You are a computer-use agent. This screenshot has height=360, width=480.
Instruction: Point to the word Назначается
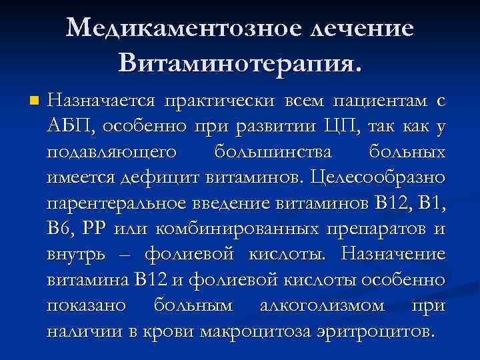pyautogui.click(x=101, y=101)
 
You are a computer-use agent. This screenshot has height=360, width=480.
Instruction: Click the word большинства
pyautogui.click(x=273, y=153)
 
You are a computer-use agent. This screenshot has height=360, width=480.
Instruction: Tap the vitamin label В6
pyautogui.click(x=59, y=229)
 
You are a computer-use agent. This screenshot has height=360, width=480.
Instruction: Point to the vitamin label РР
pyautogui.click(x=95, y=229)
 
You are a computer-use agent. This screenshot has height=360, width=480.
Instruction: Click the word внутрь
pyautogui.click(x=75, y=255)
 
